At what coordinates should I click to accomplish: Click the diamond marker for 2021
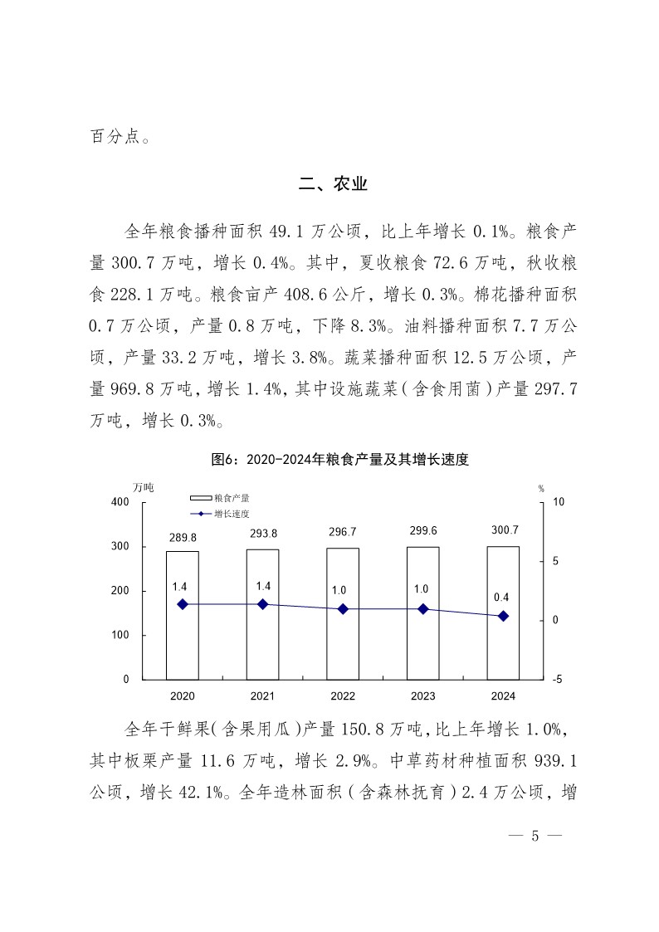tap(262, 604)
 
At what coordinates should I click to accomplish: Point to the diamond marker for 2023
tap(422, 609)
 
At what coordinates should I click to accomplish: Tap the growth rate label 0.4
tap(502, 596)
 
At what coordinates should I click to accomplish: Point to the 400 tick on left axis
tap(120, 502)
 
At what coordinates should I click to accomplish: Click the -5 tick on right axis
tap(556, 679)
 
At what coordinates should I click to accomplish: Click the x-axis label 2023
tap(422, 695)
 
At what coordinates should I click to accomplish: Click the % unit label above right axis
tap(540, 488)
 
